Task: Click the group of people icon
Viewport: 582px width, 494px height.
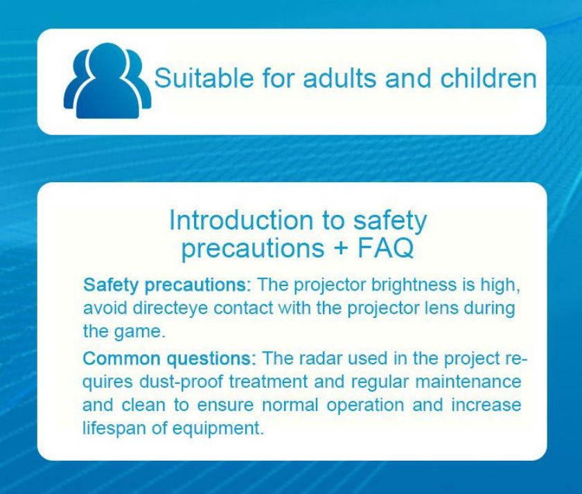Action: point(107,81)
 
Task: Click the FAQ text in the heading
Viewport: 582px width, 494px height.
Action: point(385,247)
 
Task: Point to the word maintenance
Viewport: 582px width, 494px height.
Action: point(468,382)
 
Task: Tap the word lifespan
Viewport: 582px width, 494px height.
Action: point(114,428)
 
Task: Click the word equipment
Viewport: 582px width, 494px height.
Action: point(218,429)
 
